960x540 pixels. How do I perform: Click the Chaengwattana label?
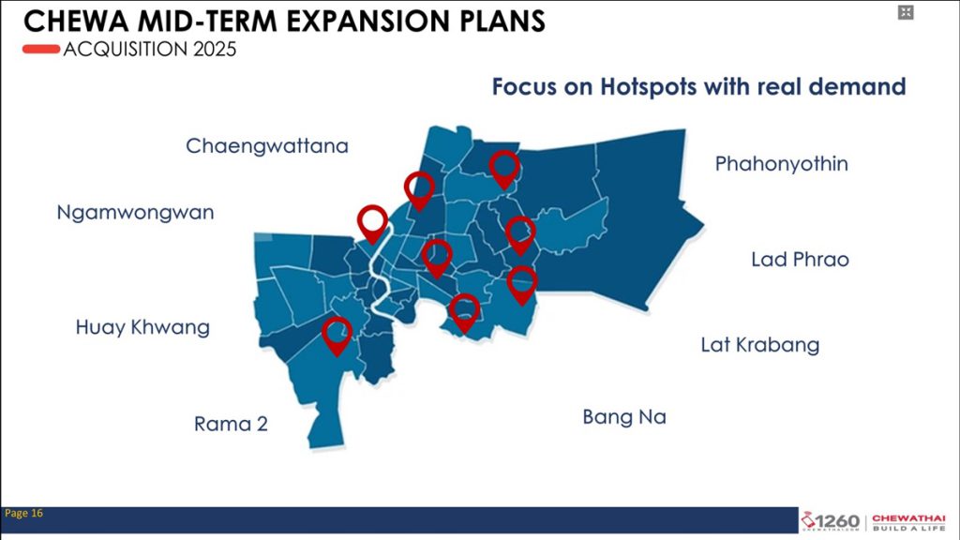(x=267, y=146)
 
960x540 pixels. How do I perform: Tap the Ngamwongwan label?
(x=135, y=213)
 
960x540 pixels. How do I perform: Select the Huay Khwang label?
(x=142, y=327)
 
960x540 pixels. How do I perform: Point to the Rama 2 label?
(x=231, y=424)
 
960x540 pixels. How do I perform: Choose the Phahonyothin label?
(x=781, y=164)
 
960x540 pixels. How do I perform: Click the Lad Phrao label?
(x=800, y=260)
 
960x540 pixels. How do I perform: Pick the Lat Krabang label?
(x=759, y=345)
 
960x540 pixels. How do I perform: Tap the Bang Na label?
(x=623, y=417)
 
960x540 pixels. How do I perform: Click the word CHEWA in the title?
(x=77, y=21)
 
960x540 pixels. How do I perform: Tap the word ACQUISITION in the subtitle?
(x=125, y=49)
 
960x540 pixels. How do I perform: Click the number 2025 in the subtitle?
(x=215, y=49)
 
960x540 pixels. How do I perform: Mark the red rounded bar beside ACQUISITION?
(x=41, y=49)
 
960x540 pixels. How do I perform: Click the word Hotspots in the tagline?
(x=648, y=87)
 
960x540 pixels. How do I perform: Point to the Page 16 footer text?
(x=23, y=513)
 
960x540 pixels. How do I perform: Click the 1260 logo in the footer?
(x=831, y=521)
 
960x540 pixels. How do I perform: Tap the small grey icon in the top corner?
(x=906, y=12)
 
